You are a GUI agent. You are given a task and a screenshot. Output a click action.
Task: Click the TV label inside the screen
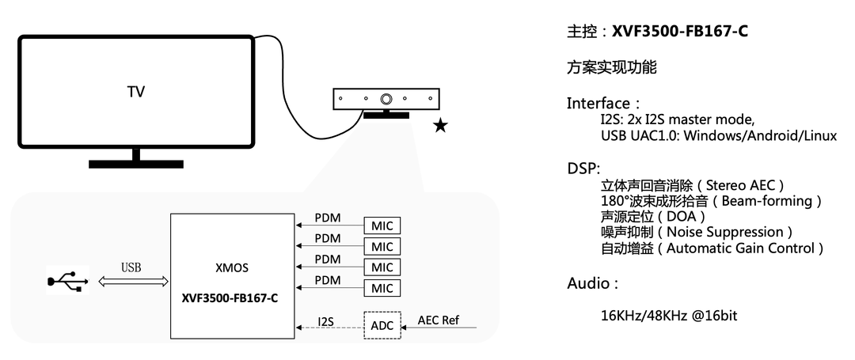pyautogui.click(x=136, y=92)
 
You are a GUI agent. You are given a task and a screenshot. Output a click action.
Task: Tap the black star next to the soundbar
pyautogui.click(x=440, y=126)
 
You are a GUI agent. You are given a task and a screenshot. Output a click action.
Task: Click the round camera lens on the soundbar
pyautogui.click(x=386, y=100)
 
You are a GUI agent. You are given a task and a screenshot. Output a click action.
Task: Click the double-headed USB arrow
pyautogui.click(x=132, y=281)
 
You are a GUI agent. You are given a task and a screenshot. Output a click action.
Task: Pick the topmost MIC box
pyautogui.click(x=382, y=225)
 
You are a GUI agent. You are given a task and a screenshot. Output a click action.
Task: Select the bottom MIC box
pyautogui.click(x=382, y=287)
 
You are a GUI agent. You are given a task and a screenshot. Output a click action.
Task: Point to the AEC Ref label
pyautogui.click(x=438, y=320)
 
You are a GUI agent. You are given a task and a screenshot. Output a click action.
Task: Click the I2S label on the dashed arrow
pyautogui.click(x=325, y=321)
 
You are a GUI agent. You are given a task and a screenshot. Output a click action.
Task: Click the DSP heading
pyautogui.click(x=583, y=169)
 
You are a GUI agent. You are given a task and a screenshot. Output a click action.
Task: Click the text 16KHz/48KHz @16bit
pyautogui.click(x=669, y=316)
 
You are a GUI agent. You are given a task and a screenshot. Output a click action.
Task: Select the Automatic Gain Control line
pyautogui.click(x=712, y=248)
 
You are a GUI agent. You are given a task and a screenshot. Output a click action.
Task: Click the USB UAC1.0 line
pyautogui.click(x=718, y=135)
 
